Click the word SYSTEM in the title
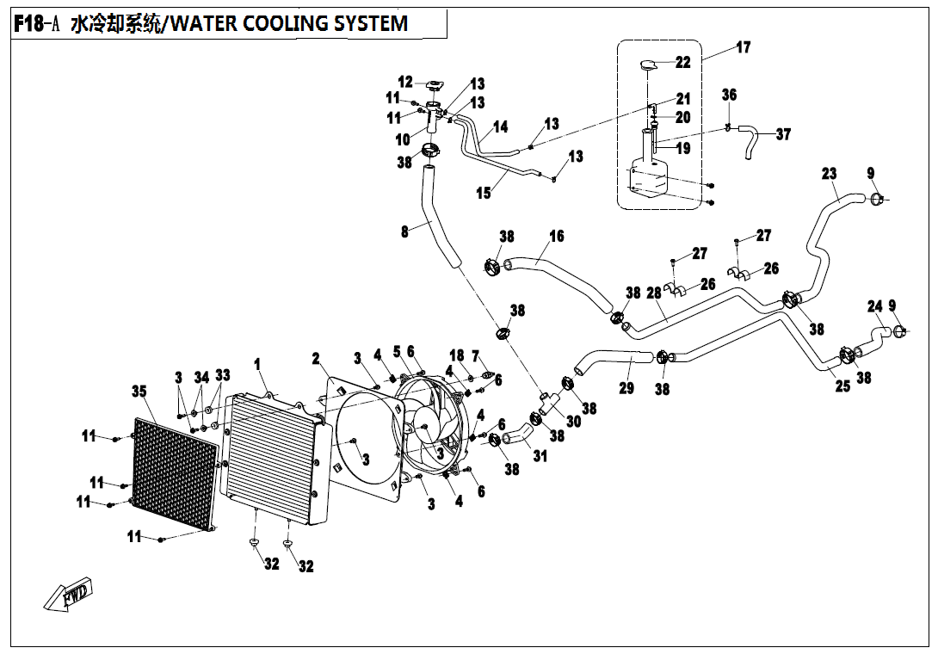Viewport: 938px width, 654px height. pos(367,23)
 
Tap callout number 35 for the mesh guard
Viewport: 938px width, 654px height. pos(139,392)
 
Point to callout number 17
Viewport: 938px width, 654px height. pos(742,47)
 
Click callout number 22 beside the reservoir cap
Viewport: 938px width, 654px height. pos(682,62)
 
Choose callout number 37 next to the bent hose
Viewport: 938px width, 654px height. pos(782,134)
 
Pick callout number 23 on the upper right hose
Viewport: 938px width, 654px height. pos(828,174)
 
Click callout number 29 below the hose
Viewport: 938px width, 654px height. pos(626,388)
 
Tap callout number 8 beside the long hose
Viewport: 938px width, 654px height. pos(404,231)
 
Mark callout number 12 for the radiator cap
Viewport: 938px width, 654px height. pos(405,82)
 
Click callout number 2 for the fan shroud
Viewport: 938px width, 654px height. pos(316,357)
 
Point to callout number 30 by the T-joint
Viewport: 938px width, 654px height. pos(573,421)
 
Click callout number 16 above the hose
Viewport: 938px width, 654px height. pos(557,236)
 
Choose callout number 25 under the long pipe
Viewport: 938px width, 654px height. pos(842,386)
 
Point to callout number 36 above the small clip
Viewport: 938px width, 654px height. pos(729,95)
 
